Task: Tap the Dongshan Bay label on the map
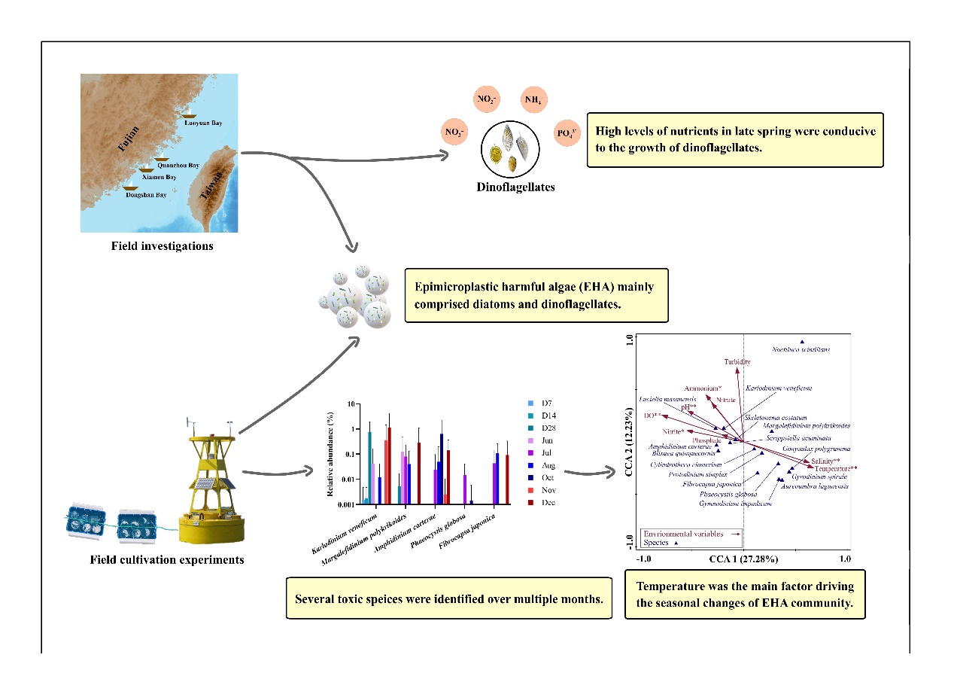click(x=147, y=194)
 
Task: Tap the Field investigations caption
click(x=162, y=245)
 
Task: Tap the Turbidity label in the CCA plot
click(x=737, y=362)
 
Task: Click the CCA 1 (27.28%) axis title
click(x=743, y=559)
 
